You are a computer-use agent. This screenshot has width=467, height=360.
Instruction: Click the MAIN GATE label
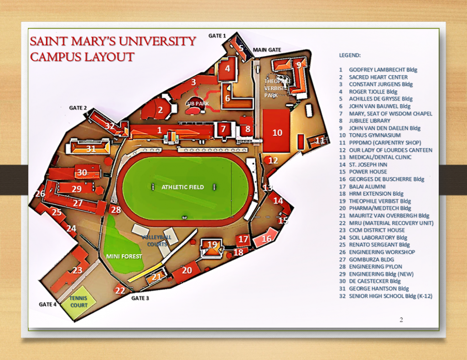click(267, 50)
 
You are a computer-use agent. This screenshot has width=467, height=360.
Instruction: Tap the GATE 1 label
click(217, 36)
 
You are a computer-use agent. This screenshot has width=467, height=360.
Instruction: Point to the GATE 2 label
click(78, 108)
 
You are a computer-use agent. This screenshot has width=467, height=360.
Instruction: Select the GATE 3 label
click(140, 298)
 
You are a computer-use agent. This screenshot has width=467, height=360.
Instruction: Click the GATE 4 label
click(47, 304)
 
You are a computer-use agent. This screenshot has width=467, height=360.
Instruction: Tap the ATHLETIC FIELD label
click(182, 187)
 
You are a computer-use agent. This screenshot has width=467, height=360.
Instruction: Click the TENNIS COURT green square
click(79, 303)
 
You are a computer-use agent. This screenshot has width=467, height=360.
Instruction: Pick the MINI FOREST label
click(124, 256)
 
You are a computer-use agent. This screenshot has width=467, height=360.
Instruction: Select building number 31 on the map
click(91, 148)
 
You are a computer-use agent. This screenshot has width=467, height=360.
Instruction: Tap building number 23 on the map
click(78, 270)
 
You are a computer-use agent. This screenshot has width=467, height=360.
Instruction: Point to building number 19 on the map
click(213, 245)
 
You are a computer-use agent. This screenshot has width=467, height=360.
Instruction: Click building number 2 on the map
click(160, 110)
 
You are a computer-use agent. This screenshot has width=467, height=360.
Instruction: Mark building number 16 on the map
click(266, 239)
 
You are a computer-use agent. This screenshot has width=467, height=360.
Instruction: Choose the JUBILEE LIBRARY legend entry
click(369, 121)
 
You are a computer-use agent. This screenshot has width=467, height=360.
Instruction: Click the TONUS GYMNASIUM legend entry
click(375, 136)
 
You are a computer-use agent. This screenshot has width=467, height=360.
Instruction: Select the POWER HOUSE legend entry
click(368, 172)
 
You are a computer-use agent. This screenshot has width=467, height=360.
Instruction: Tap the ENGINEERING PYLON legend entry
click(375, 267)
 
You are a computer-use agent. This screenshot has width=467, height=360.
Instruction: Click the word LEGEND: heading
click(350, 55)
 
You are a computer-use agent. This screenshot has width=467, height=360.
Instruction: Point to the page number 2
click(401, 320)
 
